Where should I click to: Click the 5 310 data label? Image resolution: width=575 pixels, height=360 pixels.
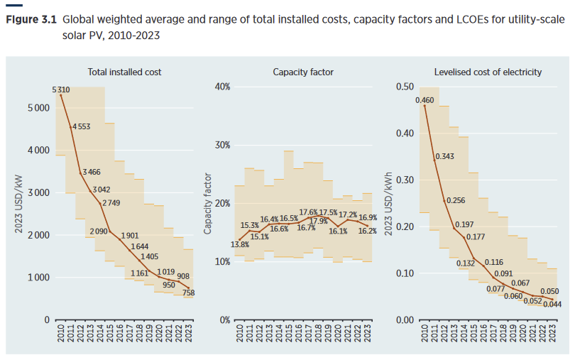[x=61, y=89]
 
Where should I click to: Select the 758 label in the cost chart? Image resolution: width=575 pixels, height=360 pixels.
[x=188, y=293]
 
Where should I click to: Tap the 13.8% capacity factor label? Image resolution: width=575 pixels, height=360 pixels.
[x=241, y=245]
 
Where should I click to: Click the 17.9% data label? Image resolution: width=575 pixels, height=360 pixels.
[x=319, y=221]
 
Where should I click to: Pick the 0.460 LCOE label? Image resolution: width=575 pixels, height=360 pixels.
[x=425, y=101]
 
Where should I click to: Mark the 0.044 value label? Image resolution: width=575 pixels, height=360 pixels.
[x=551, y=304]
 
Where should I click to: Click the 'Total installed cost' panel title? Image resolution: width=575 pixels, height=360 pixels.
[x=124, y=72]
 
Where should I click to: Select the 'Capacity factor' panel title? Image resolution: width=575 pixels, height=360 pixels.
[x=303, y=72]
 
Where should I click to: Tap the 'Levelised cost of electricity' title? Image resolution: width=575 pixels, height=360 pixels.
[x=488, y=72]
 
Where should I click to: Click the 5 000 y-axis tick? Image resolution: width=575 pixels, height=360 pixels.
[x=38, y=108]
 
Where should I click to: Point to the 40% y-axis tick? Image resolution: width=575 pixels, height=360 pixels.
[x=222, y=87]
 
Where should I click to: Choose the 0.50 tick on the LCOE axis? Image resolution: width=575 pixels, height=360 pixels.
[x=404, y=87]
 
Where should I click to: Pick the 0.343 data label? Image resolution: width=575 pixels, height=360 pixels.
[x=444, y=156]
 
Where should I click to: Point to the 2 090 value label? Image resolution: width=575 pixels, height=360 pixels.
[x=100, y=231]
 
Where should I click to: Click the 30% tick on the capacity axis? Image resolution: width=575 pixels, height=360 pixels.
[x=222, y=145]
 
